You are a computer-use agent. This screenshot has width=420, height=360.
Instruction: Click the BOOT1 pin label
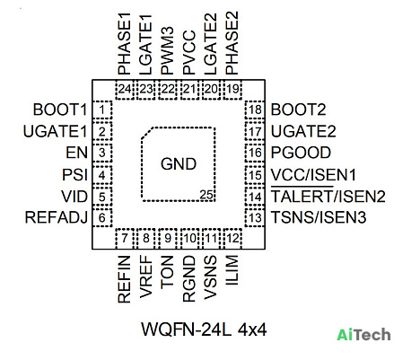(60, 110)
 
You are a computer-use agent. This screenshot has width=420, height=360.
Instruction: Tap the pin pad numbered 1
(102, 110)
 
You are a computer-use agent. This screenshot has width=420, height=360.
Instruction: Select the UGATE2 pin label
(303, 131)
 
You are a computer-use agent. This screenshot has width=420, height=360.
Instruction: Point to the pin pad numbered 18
(255, 110)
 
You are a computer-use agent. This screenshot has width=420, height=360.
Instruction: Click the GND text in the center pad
(179, 164)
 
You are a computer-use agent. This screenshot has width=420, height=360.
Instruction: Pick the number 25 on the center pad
(206, 195)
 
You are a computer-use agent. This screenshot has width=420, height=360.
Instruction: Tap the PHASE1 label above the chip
(124, 43)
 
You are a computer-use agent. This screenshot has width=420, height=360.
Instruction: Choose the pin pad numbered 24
(125, 89)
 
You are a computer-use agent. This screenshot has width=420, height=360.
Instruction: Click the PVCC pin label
(189, 52)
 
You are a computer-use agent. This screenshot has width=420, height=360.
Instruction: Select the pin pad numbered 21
(189, 89)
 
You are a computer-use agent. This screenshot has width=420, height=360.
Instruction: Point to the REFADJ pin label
(57, 217)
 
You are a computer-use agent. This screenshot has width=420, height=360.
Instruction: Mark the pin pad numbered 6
(102, 218)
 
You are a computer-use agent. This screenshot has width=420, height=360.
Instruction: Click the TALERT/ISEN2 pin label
(328, 197)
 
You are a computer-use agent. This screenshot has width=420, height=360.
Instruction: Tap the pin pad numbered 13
(255, 218)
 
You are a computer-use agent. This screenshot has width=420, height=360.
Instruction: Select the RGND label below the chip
(189, 278)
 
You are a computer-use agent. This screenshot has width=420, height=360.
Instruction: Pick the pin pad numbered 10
(189, 239)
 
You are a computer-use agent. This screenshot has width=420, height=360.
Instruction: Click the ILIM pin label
(232, 270)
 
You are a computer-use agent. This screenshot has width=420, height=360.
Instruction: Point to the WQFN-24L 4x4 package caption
(204, 329)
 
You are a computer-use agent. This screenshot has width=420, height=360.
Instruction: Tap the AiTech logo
(363, 335)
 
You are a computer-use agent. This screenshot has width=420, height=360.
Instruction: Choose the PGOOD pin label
(301, 153)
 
